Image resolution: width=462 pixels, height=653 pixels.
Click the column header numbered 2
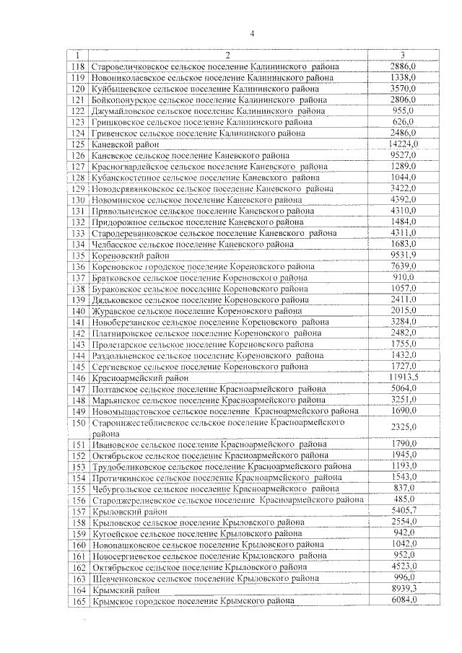pyautogui.click(x=227, y=56)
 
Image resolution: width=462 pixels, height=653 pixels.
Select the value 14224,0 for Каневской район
pyautogui.click(x=404, y=144)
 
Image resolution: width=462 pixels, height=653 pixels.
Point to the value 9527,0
pyautogui.click(x=403, y=155)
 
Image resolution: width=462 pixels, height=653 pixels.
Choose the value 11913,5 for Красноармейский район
pyautogui.click(x=404, y=377)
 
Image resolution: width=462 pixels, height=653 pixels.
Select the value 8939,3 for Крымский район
pyautogui.click(x=403, y=589)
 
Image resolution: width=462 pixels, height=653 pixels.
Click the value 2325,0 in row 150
pyautogui.click(x=403, y=427)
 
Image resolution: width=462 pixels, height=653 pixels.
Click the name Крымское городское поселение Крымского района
pyautogui.click(x=193, y=600)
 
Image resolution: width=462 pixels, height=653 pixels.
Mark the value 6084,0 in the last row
pyautogui.click(x=403, y=600)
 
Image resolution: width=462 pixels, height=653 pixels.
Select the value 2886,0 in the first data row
pyautogui.click(x=403, y=67)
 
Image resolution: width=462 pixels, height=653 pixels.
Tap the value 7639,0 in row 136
pyautogui.click(x=403, y=266)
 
